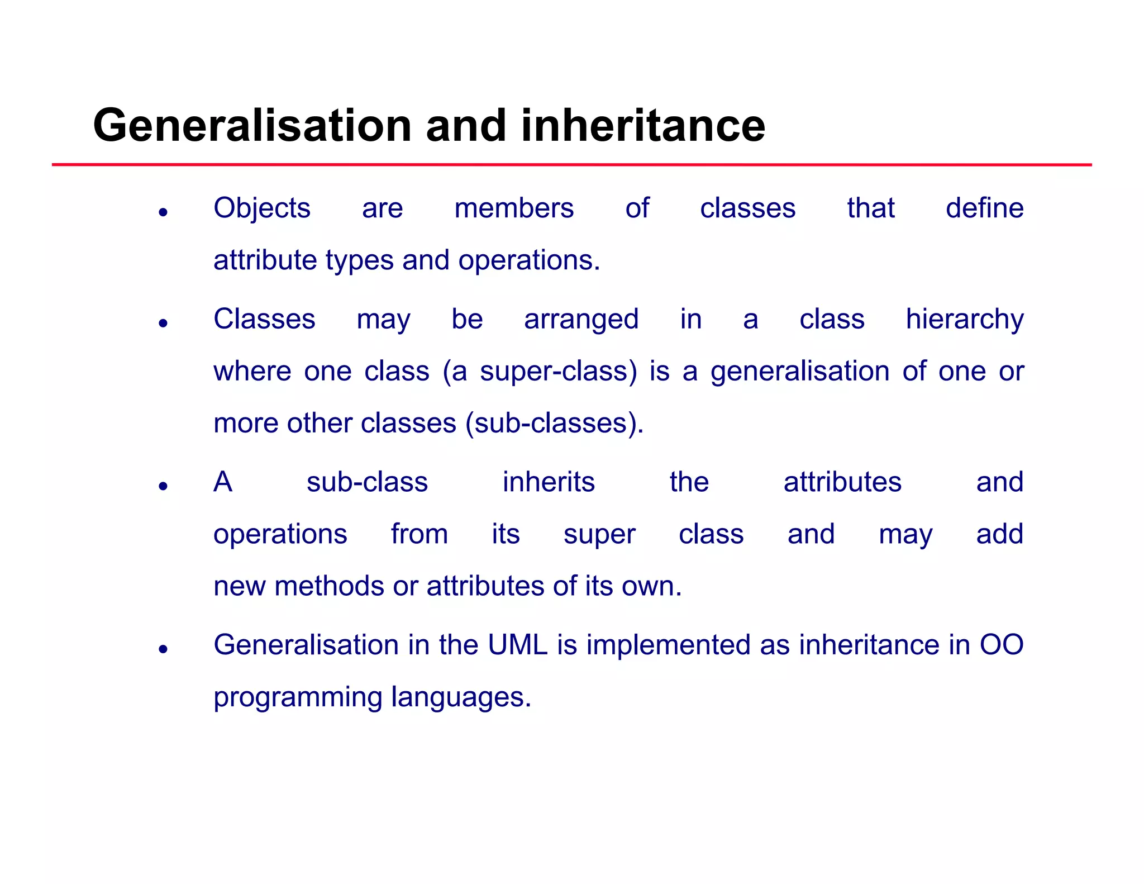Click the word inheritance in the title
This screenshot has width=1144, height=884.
click(643, 126)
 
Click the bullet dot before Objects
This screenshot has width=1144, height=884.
click(163, 212)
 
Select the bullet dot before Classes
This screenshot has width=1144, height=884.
click(163, 323)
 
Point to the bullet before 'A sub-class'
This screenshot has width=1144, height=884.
click(163, 486)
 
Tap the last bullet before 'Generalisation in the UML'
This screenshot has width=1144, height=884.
click(163, 649)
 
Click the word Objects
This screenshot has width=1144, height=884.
click(262, 208)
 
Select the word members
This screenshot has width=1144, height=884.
click(514, 208)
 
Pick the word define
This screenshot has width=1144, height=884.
click(984, 208)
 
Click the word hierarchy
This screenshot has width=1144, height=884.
click(965, 320)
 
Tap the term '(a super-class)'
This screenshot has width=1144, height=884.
click(540, 372)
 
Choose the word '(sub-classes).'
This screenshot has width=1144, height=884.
click(555, 424)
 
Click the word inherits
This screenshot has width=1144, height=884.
click(549, 482)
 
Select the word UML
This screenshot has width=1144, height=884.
click(517, 645)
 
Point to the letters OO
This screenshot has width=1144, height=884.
click(1002, 645)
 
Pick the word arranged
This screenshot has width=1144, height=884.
click(581, 320)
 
